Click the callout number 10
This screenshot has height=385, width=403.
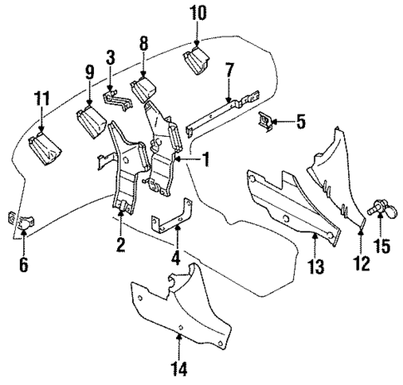pos(198,13)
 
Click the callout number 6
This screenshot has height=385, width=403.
pos(23,266)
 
